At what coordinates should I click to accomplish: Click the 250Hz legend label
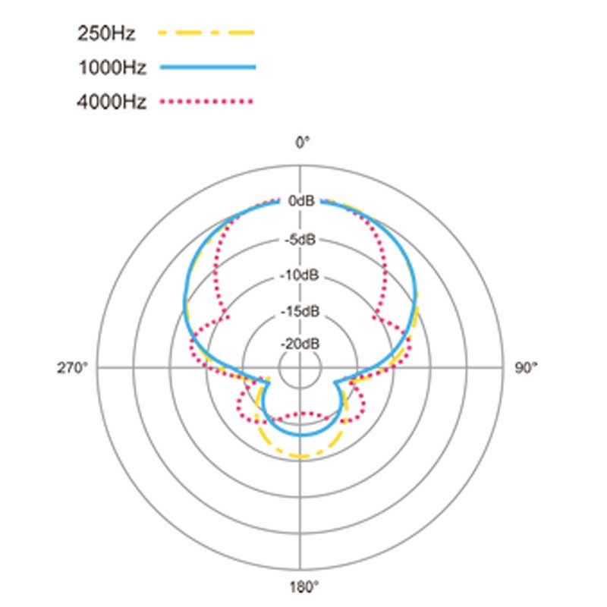point(106,33)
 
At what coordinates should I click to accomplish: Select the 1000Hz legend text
point(112,68)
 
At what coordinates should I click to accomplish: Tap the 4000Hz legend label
point(112,102)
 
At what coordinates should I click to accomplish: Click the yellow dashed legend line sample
point(206,33)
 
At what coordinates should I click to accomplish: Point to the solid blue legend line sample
point(208,67)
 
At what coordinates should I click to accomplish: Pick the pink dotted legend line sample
point(206,102)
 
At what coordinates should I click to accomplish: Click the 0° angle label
point(302,143)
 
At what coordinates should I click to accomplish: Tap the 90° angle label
point(526,368)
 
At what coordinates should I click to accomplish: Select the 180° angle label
point(304,587)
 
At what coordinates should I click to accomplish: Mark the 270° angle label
point(72,368)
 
